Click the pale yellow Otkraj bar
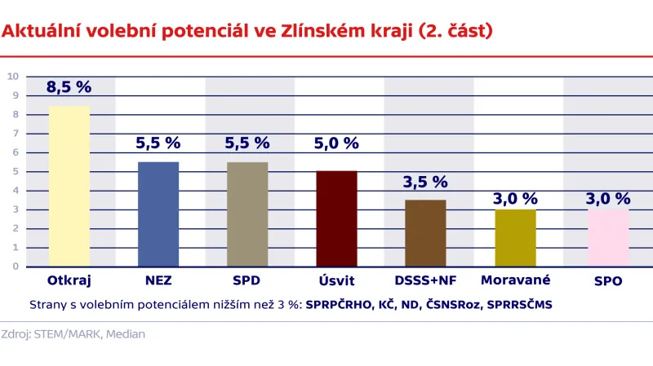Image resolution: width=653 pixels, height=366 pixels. click(69, 187)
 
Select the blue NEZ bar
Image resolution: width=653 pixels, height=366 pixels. click(158, 214)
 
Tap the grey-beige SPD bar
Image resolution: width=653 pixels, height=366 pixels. click(247, 214)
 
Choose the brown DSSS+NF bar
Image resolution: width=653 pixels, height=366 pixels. click(425, 233)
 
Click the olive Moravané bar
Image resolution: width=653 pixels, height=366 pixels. click(515, 238)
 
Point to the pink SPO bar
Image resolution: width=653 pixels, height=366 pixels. click(608, 238)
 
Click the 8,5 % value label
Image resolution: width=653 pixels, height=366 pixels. click(69, 86)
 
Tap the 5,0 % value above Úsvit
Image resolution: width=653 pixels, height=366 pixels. click(336, 143)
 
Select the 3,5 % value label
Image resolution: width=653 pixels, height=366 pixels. click(425, 182)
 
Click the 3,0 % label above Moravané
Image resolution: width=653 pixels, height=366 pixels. click(515, 198)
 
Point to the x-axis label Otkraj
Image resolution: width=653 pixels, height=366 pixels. click(69, 281)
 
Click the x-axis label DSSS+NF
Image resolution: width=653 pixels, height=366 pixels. click(425, 281)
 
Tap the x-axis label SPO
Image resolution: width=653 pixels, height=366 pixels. click(608, 281)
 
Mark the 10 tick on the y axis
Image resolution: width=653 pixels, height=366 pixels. click(12, 77)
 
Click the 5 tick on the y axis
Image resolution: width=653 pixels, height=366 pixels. click(15, 171)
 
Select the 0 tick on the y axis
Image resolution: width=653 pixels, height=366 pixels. click(15, 266)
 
